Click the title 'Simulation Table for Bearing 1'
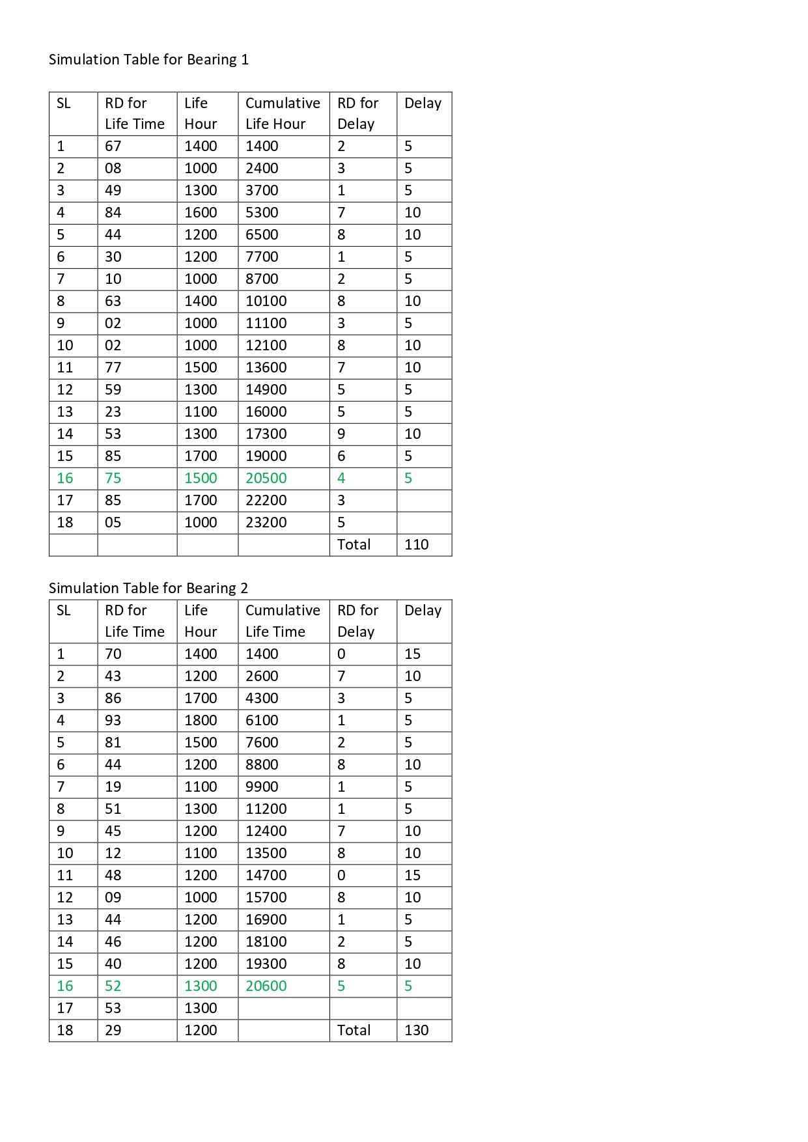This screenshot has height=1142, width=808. tap(148, 60)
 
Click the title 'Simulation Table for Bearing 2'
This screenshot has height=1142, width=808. tap(148, 588)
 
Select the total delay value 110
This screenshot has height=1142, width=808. tap(416, 544)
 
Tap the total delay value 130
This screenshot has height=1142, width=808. tap(416, 1030)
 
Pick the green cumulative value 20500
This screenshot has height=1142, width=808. tap(266, 478)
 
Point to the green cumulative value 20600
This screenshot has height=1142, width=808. tap(266, 986)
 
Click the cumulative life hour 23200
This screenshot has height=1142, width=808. tap(266, 522)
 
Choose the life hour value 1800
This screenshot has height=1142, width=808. tap(201, 720)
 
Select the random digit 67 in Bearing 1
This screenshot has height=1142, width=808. tap(113, 146)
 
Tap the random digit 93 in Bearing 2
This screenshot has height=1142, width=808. tap(113, 720)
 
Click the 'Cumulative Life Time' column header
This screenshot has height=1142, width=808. tap(283, 621)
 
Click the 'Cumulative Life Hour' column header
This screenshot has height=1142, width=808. tap(283, 113)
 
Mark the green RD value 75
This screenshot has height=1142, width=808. tap(113, 478)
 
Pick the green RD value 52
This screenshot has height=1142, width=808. tap(113, 986)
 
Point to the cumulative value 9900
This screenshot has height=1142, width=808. tap(262, 787)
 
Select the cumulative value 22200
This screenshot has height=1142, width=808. tap(266, 500)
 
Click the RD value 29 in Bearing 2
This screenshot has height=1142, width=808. tap(113, 1030)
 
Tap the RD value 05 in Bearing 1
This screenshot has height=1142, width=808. tap(113, 522)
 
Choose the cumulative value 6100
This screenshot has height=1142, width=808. tap(262, 720)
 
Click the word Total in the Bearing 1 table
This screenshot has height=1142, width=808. tap(354, 544)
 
